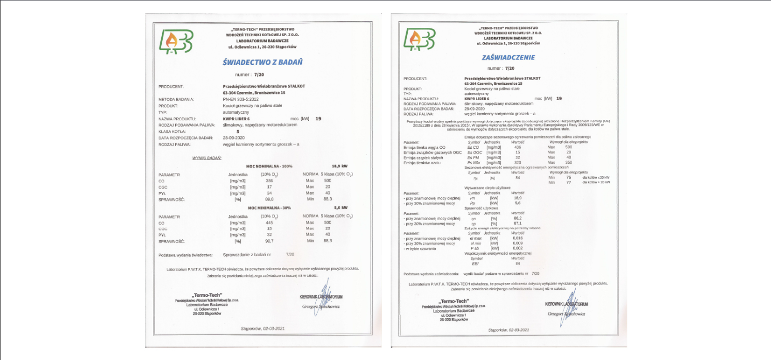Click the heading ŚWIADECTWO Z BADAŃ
[x=262, y=62]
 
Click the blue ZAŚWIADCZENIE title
[x=508, y=57]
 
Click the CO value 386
[x=269, y=181]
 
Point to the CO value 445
[x=269, y=223]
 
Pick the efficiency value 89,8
[x=269, y=199]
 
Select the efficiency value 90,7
[x=269, y=241]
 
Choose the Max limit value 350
[x=568, y=163]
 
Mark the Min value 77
[x=568, y=182]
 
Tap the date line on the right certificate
[x=508, y=330]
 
